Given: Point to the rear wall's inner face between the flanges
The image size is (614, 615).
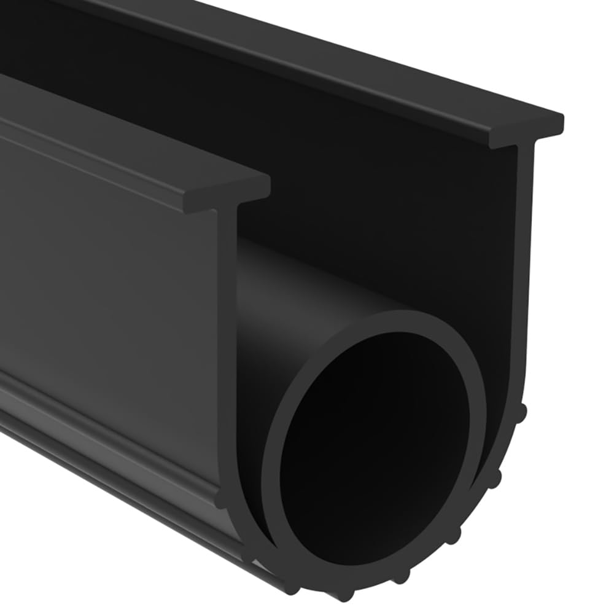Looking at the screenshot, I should pyautogui.click(x=368, y=184).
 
